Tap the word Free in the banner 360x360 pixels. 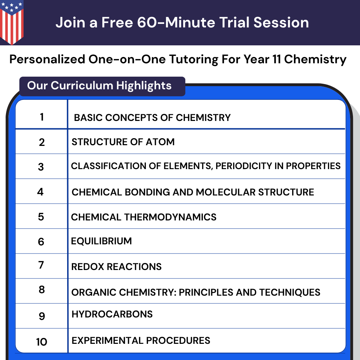[117, 23]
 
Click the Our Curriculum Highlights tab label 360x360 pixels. [99, 85]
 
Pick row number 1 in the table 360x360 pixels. [42, 117]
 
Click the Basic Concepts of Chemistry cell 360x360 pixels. [152, 117]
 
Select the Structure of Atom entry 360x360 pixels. [123, 142]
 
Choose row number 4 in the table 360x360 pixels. [40, 192]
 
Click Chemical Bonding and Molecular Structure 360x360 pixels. [193, 192]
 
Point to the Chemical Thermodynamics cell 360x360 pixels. [143, 217]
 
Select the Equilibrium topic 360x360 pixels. [101, 241]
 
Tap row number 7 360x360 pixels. [41, 265]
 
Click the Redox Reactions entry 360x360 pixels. [116, 266]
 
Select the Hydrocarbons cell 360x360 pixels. [112, 314]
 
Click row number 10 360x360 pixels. [41, 341]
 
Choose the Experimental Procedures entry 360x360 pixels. [141, 340]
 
